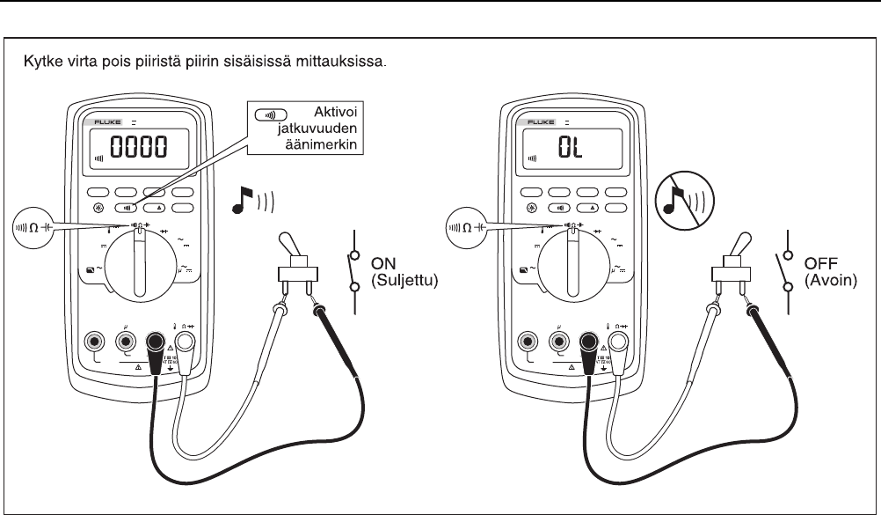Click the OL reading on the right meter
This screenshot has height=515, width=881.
click(x=568, y=147)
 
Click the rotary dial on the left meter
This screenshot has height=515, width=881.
click(x=138, y=261)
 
